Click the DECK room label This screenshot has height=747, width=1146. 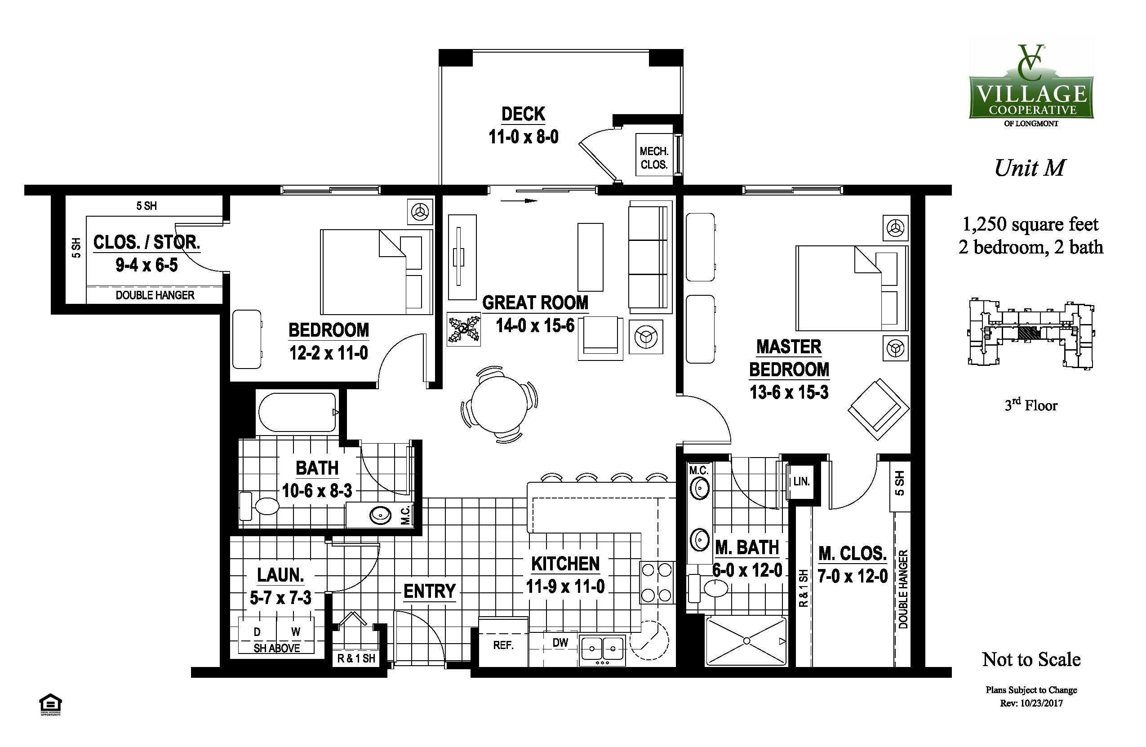[524, 114]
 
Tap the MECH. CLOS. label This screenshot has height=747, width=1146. [654, 158]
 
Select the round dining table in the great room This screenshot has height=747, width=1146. [499, 404]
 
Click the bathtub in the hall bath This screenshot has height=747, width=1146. [297, 413]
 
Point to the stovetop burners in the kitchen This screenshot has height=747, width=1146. [657, 583]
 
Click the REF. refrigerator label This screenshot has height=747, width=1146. [503, 645]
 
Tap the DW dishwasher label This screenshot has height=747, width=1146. [560, 642]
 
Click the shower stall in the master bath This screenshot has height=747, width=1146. [746, 641]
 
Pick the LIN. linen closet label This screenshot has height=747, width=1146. [801, 481]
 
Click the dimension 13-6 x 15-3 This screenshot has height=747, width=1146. [789, 392]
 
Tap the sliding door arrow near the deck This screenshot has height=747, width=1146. [519, 201]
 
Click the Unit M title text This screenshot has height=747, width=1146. [1030, 168]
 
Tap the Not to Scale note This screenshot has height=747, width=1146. [1031, 659]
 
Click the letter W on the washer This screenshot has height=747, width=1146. [296, 631]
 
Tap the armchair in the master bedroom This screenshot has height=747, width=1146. [878, 409]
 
